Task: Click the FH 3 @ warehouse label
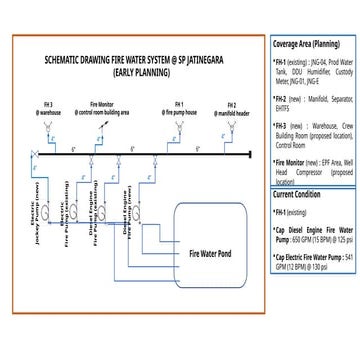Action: [51, 107]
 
